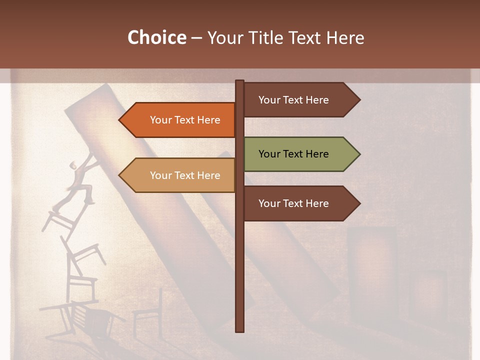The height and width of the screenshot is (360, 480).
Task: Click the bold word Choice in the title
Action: [156, 37]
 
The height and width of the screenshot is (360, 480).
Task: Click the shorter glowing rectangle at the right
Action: [427, 295]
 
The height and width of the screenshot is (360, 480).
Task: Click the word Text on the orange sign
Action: [185, 120]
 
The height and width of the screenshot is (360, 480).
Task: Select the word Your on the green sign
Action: [269, 154]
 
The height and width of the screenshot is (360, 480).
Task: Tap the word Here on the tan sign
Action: [208, 175]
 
